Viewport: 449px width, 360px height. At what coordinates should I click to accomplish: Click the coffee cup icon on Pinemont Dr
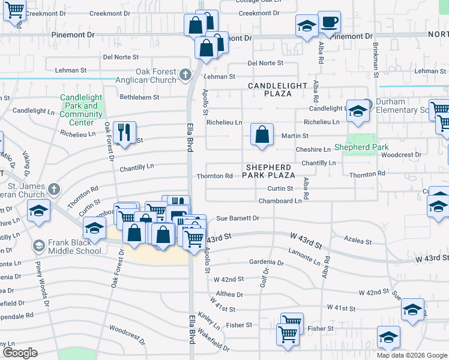[x=329, y=23]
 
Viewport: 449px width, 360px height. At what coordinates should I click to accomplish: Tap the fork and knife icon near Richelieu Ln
[x=124, y=133]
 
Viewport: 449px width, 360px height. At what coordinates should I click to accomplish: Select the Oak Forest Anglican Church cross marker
[x=185, y=74]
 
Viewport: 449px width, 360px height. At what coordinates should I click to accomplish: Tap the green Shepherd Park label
[x=361, y=147]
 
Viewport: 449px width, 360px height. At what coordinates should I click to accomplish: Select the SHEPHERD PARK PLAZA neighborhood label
[x=268, y=171]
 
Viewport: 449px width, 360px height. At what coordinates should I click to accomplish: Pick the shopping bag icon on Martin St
[x=262, y=135]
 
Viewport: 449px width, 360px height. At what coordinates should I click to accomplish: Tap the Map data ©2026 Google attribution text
[x=412, y=355]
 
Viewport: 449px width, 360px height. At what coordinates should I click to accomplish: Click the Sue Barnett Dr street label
[x=237, y=218]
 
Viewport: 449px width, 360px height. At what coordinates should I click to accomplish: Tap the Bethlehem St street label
[x=139, y=97]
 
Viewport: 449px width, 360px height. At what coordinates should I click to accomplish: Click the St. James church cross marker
[x=54, y=190]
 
